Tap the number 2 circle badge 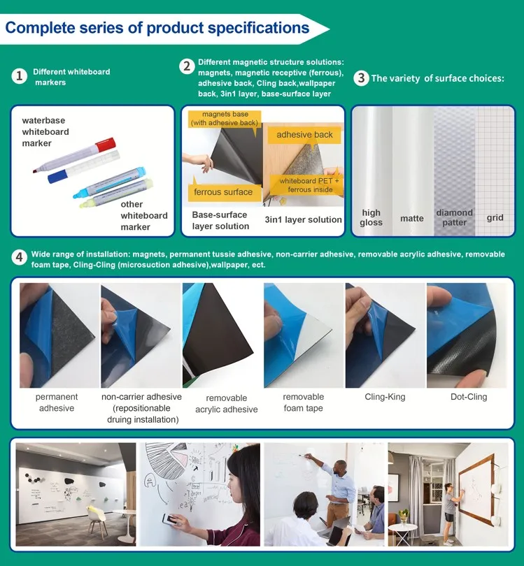[186, 66]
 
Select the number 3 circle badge [360, 78]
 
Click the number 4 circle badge [20, 257]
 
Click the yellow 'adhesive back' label [304, 135]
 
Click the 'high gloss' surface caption [371, 217]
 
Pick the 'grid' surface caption [495, 218]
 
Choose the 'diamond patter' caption [454, 217]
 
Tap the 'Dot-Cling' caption [468, 397]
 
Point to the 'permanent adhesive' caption [57, 402]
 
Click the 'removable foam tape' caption [303, 402]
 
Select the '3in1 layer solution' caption [303, 219]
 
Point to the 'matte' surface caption [411, 219]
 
